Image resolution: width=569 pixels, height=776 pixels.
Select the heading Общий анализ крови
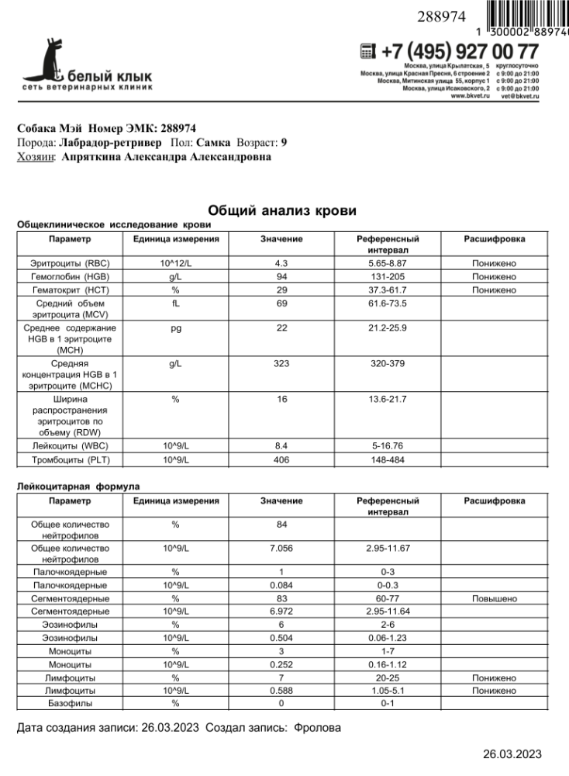point(283,210)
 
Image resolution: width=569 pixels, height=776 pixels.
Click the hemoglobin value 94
point(281,277)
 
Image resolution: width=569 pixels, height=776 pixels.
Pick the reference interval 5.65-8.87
point(388,264)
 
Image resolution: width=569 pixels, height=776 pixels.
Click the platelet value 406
point(281,460)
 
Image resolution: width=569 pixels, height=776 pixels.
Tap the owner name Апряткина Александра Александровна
point(166,157)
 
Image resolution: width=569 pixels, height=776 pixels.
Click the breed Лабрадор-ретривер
point(110,143)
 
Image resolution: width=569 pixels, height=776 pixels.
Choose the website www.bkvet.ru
point(469,96)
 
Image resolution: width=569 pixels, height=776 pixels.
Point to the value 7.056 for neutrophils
point(281,548)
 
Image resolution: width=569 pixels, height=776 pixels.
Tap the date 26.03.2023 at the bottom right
point(512,754)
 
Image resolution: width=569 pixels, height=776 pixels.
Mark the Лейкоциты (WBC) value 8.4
point(281,446)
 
